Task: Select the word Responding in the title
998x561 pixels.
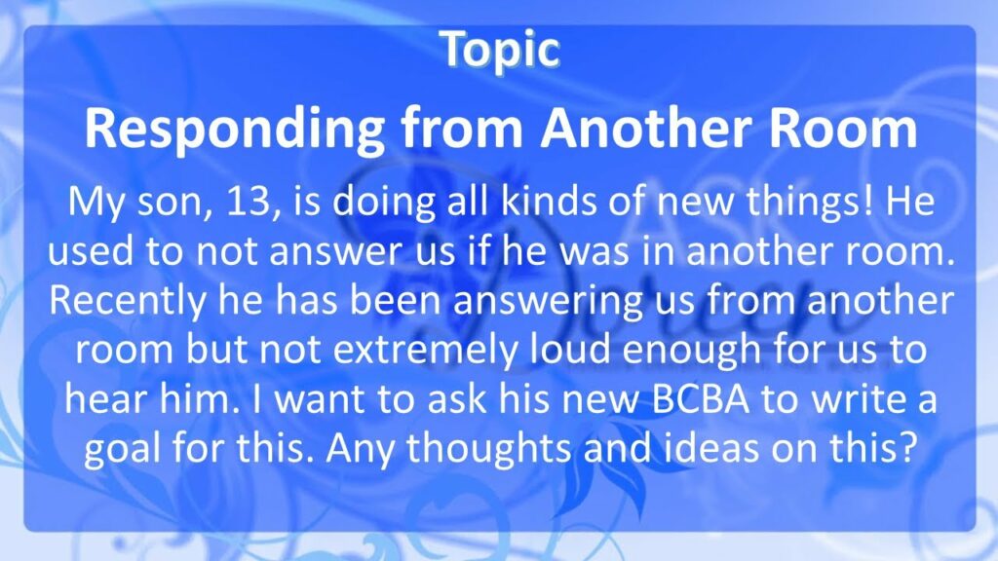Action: (x=235, y=130)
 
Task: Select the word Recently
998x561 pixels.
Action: (x=128, y=302)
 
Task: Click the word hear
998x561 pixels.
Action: (x=106, y=398)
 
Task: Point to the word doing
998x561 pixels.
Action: (x=384, y=203)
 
